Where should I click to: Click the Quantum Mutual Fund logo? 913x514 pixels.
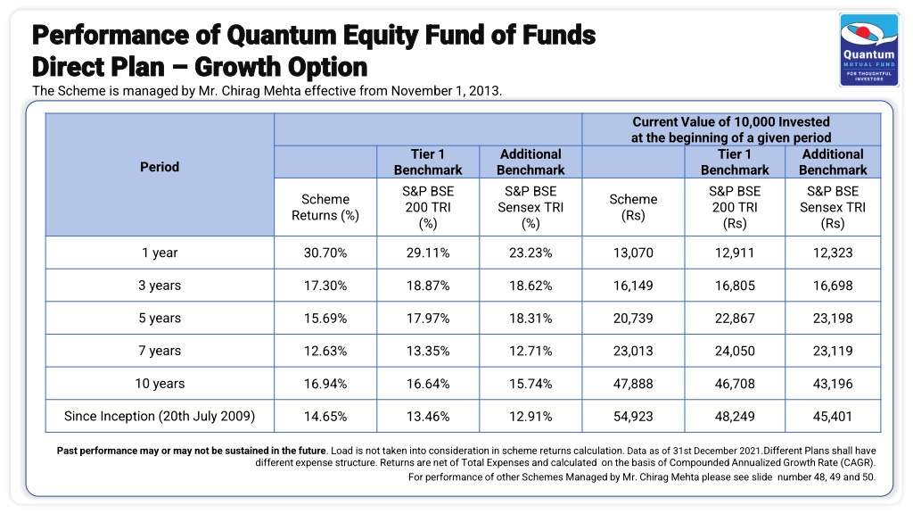point(869,50)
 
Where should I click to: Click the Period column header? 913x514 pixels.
point(160,167)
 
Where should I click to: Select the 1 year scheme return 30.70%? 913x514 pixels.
point(325,253)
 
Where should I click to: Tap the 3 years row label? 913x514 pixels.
point(160,286)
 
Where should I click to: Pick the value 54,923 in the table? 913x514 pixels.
point(633,416)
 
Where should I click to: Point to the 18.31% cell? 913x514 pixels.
point(531,319)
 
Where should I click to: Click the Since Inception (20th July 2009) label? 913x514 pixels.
point(160,416)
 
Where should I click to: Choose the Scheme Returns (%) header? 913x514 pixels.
point(325,207)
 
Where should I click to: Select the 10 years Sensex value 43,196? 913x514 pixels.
point(833,384)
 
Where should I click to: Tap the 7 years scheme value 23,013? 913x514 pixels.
point(633,351)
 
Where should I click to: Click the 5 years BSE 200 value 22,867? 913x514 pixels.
point(735,319)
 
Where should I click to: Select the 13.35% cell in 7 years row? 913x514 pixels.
point(428,351)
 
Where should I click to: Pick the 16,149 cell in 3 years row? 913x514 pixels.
point(633,286)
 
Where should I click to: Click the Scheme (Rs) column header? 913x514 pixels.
point(633,207)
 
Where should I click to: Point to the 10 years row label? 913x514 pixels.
point(160,384)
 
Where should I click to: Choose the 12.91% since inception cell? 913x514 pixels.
point(531,416)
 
